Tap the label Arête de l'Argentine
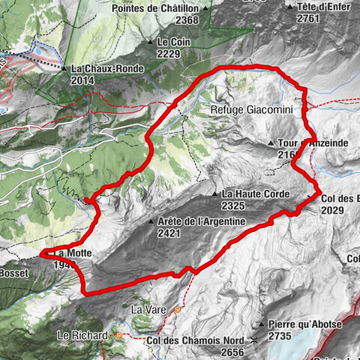coord(202,221)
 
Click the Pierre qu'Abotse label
coord(304,325)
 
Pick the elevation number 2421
coord(169,232)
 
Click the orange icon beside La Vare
coord(178,309)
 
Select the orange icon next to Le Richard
coord(118,335)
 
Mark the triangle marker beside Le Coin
coord(151,42)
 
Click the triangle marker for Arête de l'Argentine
coord(151,222)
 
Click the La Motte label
coord(73,253)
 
